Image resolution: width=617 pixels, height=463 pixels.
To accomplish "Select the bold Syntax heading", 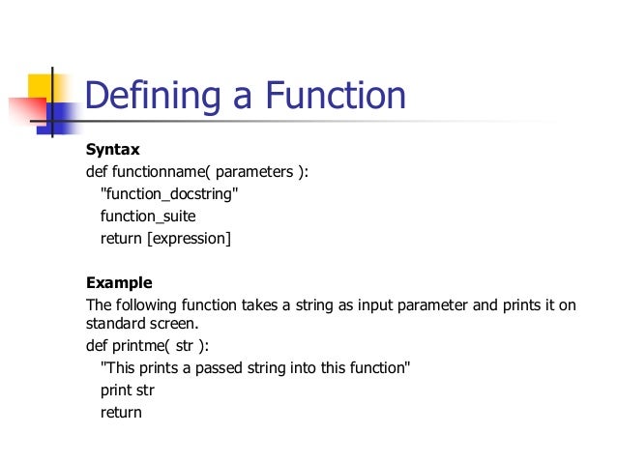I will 113,150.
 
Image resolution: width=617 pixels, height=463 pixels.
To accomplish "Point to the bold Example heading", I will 119,283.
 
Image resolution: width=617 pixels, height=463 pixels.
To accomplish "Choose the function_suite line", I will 148,216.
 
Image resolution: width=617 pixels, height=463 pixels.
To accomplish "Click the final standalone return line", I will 121,413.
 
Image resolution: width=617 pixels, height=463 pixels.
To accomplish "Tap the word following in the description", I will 147,305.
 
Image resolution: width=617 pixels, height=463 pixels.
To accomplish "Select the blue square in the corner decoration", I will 61,117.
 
